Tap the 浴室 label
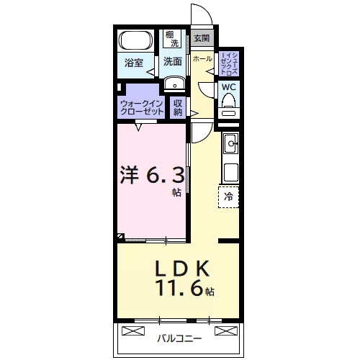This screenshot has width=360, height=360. pyautogui.click(x=134, y=62)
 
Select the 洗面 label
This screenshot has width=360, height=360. pyautogui.click(x=172, y=62)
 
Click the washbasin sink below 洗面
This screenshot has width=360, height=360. pyautogui.click(x=174, y=85)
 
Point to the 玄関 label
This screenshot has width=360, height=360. pyautogui.click(x=202, y=39)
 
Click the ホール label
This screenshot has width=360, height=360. pyautogui.click(x=202, y=58)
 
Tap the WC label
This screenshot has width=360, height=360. pyautogui.click(x=228, y=87)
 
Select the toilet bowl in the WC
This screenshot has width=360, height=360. pyautogui.click(x=229, y=110)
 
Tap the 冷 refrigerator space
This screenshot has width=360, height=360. pyautogui.click(x=229, y=196)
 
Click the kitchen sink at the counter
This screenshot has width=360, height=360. pyautogui.click(x=230, y=143)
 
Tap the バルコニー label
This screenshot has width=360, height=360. pyautogui.click(x=179, y=338)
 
